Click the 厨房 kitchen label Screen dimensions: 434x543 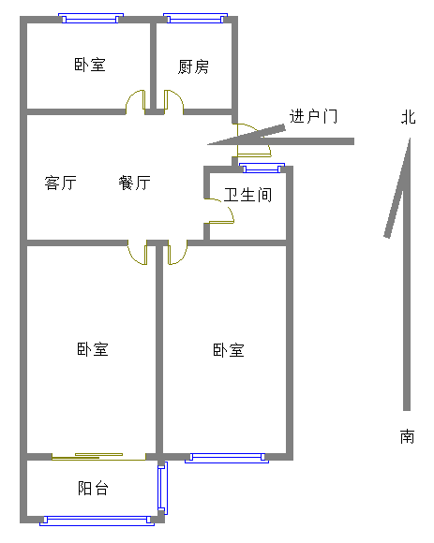[x=193, y=66]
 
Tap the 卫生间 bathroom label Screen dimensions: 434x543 [x=247, y=195]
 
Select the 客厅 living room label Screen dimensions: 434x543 [x=60, y=183]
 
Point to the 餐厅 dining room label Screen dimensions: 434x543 [x=134, y=183]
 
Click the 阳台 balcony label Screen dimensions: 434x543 [x=93, y=489]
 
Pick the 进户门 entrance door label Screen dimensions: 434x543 [x=313, y=116]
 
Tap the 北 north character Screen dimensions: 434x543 [x=409, y=117]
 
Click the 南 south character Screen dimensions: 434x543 [x=408, y=436]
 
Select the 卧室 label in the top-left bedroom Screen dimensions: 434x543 [x=90, y=65]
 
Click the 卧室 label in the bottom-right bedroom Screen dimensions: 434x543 [x=229, y=350]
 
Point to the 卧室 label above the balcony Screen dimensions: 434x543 [x=93, y=349]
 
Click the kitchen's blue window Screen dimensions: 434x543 [x=196, y=19]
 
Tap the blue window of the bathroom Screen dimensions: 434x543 [x=262, y=168]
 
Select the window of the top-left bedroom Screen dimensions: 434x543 [x=91, y=19]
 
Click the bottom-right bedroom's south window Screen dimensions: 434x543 [x=227, y=458]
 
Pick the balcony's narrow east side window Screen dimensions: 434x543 [x=162, y=489]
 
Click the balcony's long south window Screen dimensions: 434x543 [x=97, y=521]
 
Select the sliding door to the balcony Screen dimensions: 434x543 [x=98, y=457]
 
